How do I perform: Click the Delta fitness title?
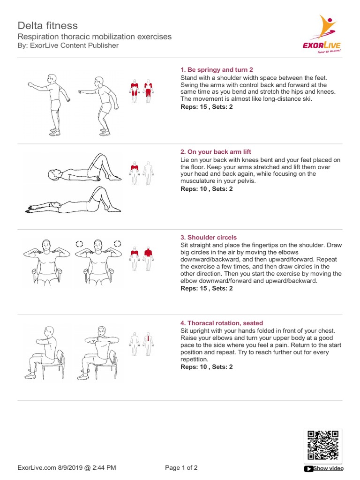tap(48, 25)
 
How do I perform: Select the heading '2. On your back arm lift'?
tap(216, 152)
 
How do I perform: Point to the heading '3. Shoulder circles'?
tap(209, 237)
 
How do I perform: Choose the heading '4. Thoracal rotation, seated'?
tap(222, 323)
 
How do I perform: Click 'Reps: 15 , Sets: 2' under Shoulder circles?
tap(206, 288)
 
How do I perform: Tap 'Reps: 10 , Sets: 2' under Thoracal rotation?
tap(206, 367)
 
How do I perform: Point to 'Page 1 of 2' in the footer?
tap(181, 468)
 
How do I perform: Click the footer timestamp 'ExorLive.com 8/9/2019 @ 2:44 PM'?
tap(67, 468)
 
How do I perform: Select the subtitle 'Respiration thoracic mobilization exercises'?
tap(94, 37)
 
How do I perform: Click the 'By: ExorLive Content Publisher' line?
tap(68, 45)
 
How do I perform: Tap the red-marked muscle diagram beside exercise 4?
tap(149, 344)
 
